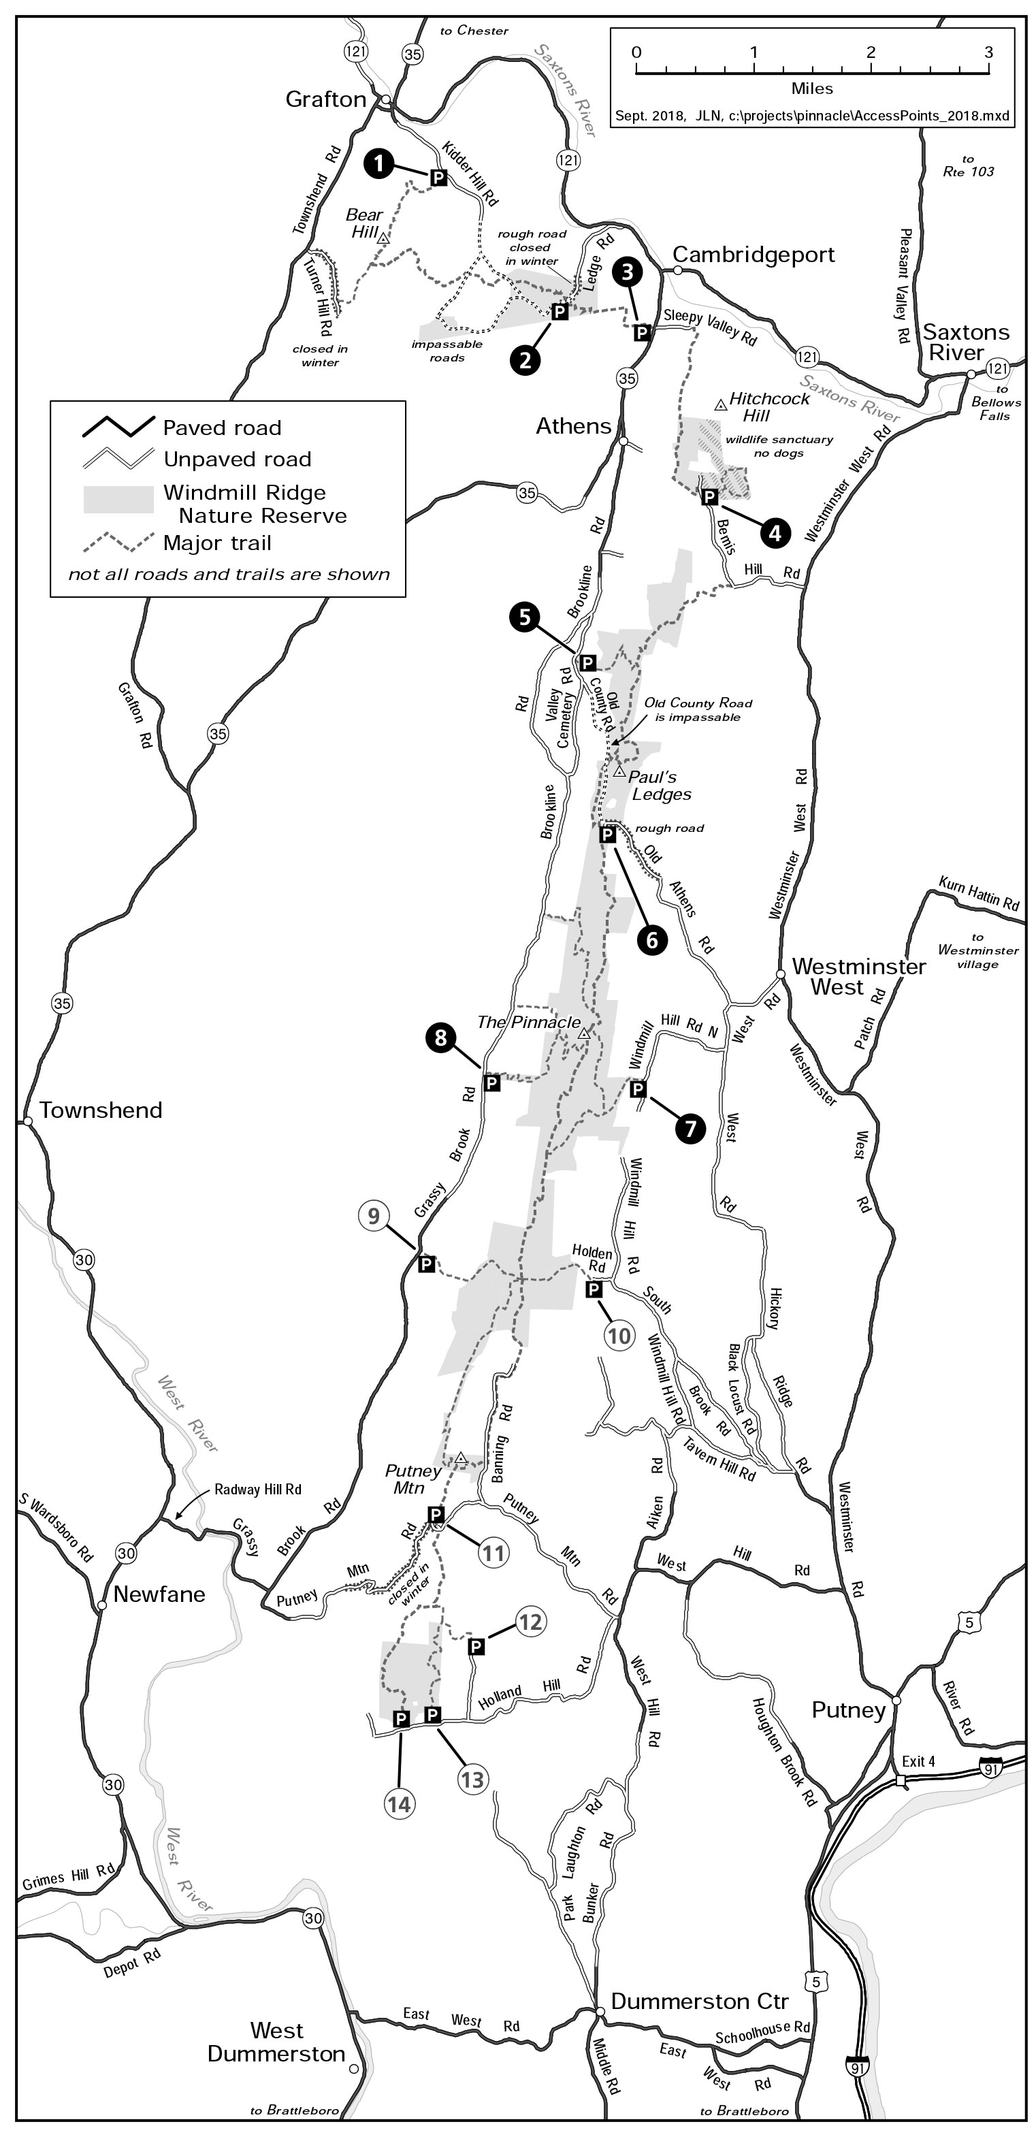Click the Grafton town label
(325, 99)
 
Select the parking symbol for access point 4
(709, 497)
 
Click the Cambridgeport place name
(753, 255)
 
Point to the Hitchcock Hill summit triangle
(721, 404)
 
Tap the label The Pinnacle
(528, 1022)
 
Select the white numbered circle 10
(619, 1335)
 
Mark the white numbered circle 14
(400, 1803)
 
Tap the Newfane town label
(159, 1594)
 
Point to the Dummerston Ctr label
(699, 2002)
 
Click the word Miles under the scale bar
(811, 89)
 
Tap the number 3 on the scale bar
(988, 52)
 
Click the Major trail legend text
(217, 543)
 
